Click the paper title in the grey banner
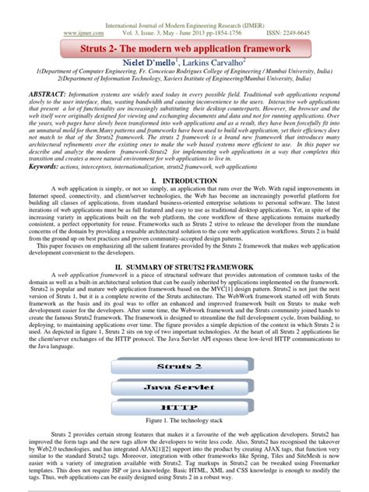pos(184,48)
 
